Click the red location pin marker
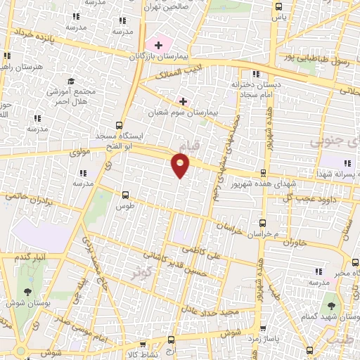pyautogui.click(x=181, y=165)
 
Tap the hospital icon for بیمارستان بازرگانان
pyautogui.click(x=159, y=45)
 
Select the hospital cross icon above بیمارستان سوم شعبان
pyautogui.click(x=183, y=101)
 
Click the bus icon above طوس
pyautogui.click(x=126, y=195)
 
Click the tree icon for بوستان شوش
pyautogui.click(x=27, y=290)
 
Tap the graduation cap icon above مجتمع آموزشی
pyautogui.click(x=70, y=82)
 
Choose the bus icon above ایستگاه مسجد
pyautogui.click(x=120, y=124)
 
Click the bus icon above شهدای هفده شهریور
pyautogui.click(x=263, y=172)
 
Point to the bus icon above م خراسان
pyautogui.click(x=266, y=222)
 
